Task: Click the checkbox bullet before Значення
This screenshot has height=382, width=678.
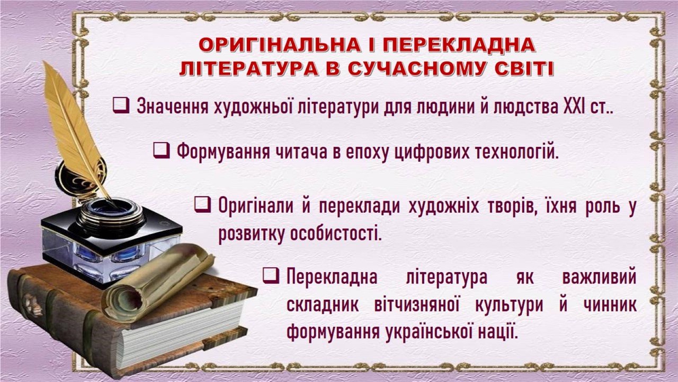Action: [x=121, y=106]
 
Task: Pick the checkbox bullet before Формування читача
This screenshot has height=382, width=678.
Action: [x=162, y=150]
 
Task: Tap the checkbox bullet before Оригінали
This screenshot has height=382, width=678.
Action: [x=202, y=205]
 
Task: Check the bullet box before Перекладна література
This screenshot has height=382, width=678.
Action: [x=271, y=275]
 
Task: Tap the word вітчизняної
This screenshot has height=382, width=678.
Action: [x=417, y=305]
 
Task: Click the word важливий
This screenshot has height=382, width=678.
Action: [x=599, y=277]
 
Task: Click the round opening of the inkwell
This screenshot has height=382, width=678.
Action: [x=111, y=209]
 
